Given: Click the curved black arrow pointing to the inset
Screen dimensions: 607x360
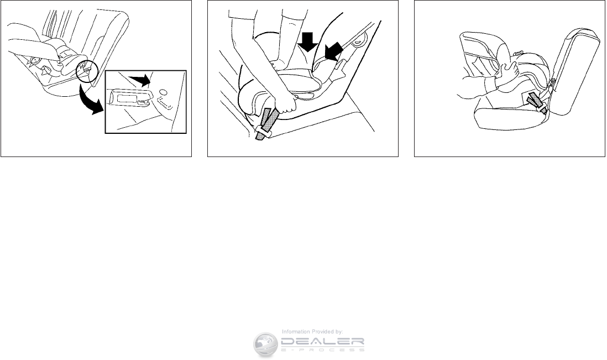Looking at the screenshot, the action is coord(90,101).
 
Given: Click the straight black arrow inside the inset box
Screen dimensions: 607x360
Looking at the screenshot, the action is coord(140,80).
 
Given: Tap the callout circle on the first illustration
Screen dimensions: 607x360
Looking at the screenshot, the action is coord(87,71).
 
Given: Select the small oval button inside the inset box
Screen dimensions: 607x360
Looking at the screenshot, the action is coord(163,92).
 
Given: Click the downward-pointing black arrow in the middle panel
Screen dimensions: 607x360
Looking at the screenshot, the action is coord(308,41).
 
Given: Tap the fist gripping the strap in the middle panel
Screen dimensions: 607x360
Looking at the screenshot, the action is coord(286,104).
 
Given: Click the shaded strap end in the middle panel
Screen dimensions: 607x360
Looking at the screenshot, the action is coord(266,124).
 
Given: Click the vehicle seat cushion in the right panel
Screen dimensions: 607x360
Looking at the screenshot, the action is coord(511,118).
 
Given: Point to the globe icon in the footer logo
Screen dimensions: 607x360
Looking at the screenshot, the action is coord(265,344).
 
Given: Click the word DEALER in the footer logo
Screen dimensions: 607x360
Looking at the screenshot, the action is coord(322,341).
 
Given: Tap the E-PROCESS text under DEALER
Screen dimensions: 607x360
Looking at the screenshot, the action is coord(322,349).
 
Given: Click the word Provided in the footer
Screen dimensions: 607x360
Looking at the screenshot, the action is coord(323,332).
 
